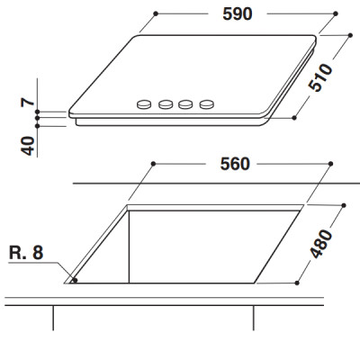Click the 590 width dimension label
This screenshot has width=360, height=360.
(x=238, y=13)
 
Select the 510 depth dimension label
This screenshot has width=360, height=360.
(x=320, y=77)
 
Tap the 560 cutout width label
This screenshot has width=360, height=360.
(x=235, y=164)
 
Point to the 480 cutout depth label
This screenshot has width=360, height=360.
(x=320, y=244)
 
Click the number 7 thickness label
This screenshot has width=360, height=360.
(x=28, y=103)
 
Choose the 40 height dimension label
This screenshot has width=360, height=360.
(x=28, y=146)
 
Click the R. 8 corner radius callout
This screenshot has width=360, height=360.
(x=26, y=253)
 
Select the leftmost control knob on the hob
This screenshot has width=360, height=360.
(x=144, y=104)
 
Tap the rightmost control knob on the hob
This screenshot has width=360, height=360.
(x=207, y=104)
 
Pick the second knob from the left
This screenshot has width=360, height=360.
(x=166, y=104)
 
